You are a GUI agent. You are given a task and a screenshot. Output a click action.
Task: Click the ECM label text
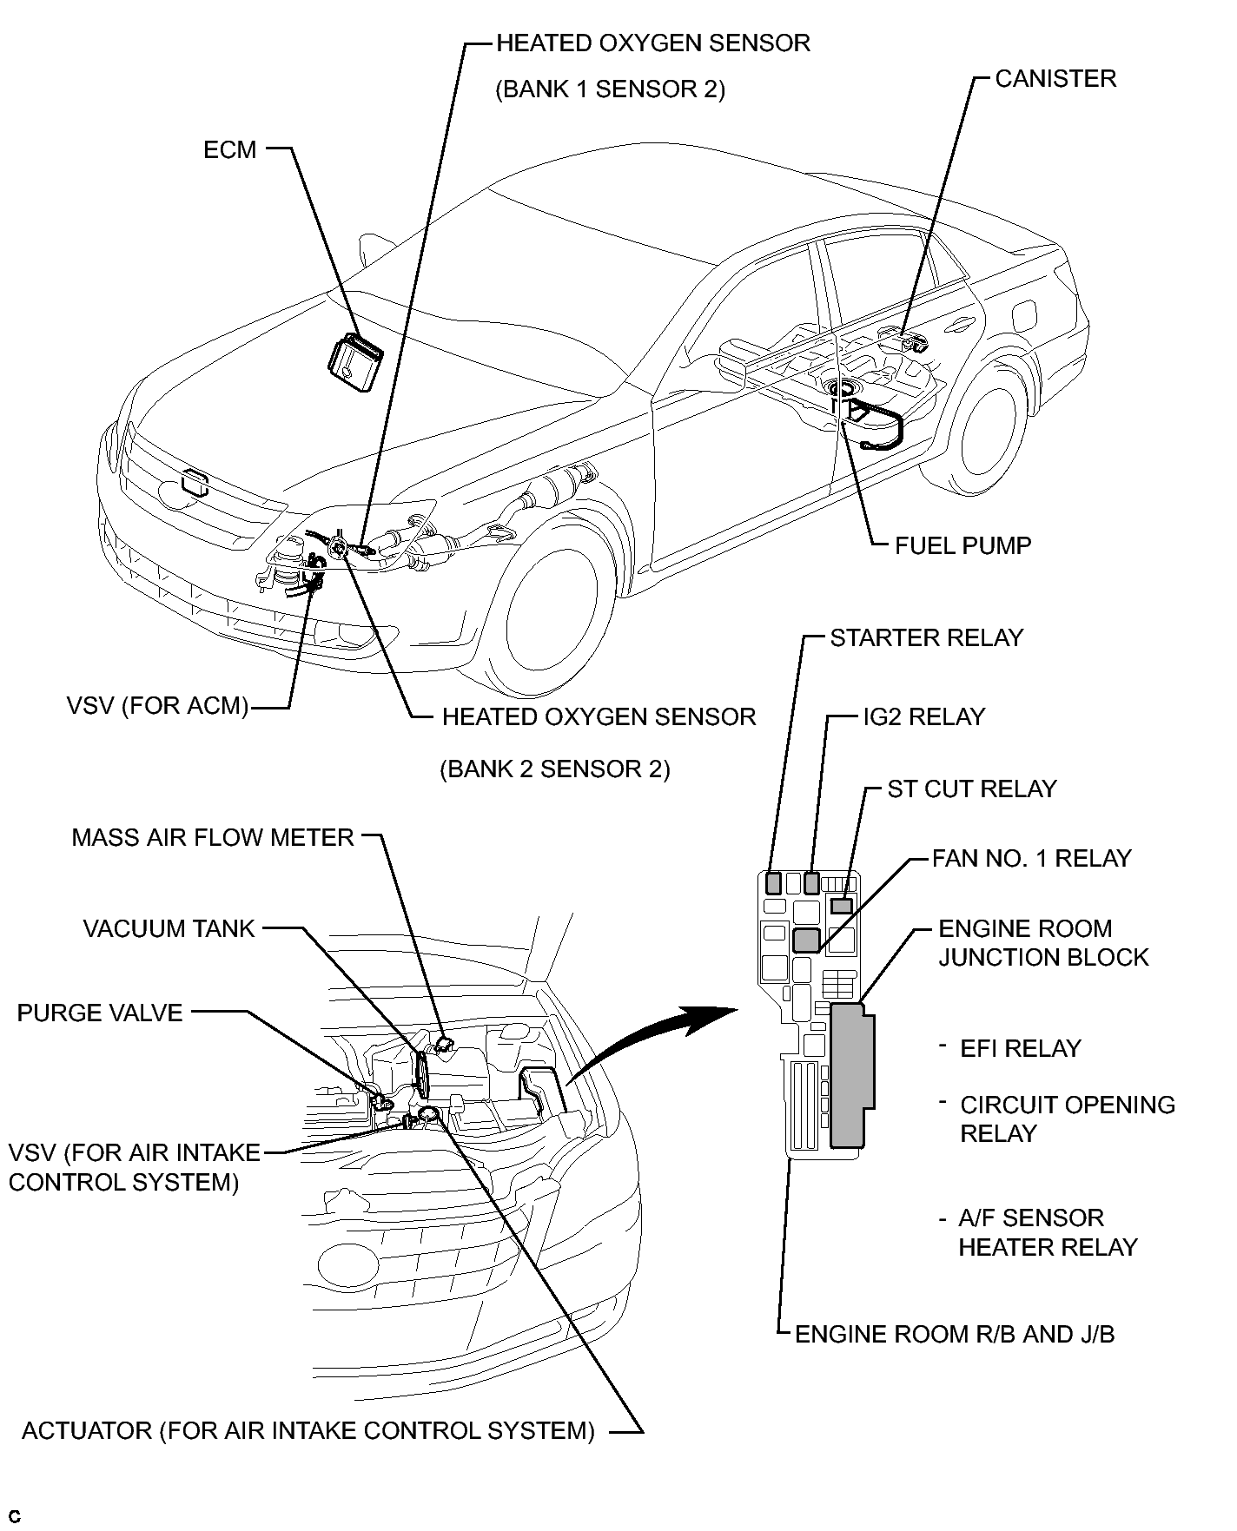point(230,150)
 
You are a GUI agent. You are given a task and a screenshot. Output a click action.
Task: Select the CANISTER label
point(1055,79)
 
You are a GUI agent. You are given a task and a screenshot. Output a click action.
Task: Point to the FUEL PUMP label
point(963,546)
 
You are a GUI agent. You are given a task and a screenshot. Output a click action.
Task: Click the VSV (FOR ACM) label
point(157,705)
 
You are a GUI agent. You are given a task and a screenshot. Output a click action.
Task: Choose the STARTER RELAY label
point(927,638)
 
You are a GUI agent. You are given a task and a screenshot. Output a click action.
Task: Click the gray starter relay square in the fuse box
point(773,883)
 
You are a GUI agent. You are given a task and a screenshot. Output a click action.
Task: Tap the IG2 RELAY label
point(924,717)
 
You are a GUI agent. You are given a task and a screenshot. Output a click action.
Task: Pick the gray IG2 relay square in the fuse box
point(812,883)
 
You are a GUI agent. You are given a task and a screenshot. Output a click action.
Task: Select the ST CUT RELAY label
point(972,789)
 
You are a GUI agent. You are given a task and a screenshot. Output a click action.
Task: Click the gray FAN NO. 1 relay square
point(807,940)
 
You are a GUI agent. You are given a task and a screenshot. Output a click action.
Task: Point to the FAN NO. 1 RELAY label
point(1032,859)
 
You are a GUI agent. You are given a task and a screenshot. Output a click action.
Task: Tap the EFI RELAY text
point(1021,1049)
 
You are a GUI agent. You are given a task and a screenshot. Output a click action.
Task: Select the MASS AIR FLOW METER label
point(213,838)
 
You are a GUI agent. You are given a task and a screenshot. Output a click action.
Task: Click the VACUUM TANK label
point(169,929)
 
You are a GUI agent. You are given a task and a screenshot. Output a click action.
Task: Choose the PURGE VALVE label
point(100,1013)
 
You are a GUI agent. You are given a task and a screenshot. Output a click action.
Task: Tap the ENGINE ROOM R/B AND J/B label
point(955,1335)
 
